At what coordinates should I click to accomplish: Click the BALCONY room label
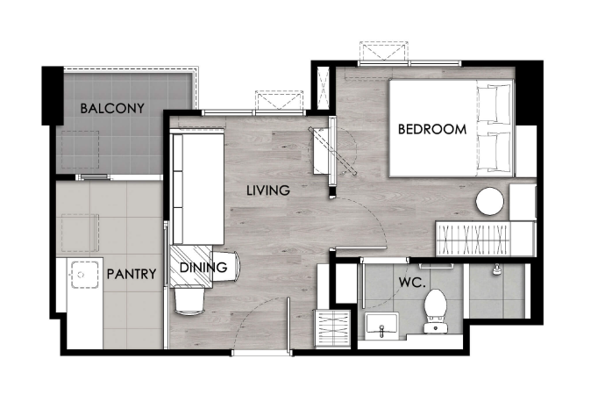112,109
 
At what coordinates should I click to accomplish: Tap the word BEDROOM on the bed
432,129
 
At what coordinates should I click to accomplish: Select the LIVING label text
268,190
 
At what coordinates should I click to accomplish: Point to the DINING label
203,268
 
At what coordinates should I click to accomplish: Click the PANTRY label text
132,274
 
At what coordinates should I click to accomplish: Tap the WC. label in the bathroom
412,283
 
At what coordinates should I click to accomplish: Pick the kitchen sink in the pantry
85,275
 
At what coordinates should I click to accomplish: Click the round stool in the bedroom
489,201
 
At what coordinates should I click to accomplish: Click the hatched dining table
191,267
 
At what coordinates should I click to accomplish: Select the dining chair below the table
189,301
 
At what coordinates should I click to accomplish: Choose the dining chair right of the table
226,266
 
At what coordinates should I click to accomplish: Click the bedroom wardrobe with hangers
473,240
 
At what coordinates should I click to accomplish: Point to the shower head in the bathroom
496,269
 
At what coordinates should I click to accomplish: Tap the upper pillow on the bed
494,103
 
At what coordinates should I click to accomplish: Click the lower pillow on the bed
494,151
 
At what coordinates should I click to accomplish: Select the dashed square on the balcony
80,149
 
